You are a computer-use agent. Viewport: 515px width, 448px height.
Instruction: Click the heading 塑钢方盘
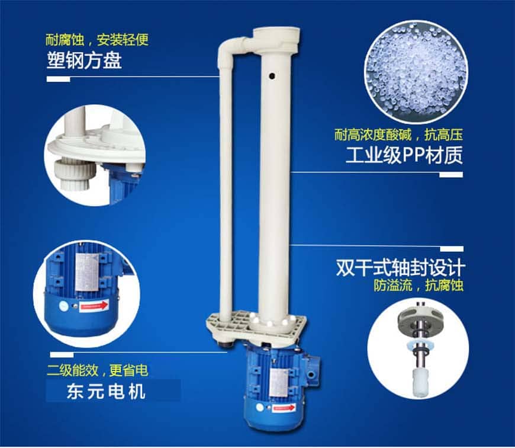coord(85,60)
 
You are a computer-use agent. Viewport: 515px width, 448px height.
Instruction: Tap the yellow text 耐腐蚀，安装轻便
coord(97,40)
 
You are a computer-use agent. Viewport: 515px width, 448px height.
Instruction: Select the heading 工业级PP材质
coord(404,155)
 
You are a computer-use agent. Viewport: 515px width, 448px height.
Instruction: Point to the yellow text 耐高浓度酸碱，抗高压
coord(399,135)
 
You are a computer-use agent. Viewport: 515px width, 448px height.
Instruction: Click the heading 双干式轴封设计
coord(400,268)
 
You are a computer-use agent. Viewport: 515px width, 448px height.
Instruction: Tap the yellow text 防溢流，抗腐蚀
coord(419,285)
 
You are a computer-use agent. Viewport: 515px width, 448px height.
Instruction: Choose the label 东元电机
coord(106,392)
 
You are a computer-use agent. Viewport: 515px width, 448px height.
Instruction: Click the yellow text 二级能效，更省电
coord(98,370)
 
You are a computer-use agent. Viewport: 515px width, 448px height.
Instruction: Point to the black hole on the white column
coord(272,76)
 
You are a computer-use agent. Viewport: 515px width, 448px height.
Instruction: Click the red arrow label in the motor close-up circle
coord(94,306)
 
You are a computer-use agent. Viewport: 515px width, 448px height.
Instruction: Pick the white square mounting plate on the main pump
coord(256,327)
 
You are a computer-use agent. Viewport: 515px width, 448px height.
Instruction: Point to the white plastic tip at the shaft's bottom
coord(420,382)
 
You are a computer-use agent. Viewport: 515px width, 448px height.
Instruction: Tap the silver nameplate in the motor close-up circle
coord(86,273)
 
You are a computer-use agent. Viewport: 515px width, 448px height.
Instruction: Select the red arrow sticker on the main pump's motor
coord(284,408)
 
